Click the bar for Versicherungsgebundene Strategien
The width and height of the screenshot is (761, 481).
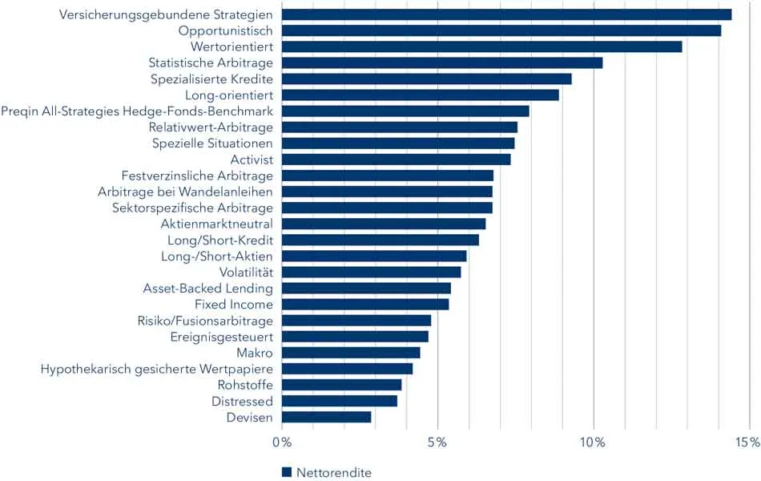pos(506,14)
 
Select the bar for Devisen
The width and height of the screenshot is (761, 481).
pos(327,417)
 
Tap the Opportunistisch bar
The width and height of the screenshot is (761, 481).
pos(501,30)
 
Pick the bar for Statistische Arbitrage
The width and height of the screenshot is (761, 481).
pos(442,63)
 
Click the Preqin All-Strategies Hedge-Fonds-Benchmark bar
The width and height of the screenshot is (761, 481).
pos(405,111)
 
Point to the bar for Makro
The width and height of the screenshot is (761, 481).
pos(351,353)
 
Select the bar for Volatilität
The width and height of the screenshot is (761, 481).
pos(372,272)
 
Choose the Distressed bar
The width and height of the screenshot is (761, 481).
pos(340,401)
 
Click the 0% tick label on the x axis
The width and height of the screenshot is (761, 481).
pos(282,443)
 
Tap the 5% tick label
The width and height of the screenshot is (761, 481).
pos(437,443)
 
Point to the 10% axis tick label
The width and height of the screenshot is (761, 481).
pos(593,443)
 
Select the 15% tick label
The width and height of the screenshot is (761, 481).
pos(748,443)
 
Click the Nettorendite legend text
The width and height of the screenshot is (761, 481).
pos(334,472)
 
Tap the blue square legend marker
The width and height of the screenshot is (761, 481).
pos(287,472)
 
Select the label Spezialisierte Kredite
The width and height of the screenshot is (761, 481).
pos(212,79)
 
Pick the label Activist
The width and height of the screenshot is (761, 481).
pos(252,160)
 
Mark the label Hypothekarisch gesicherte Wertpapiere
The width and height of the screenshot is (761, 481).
pos(157,369)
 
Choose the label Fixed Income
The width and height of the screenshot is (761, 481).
pos(234,305)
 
